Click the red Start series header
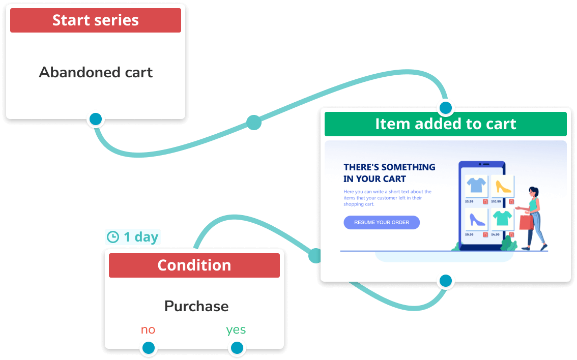pos(96,20)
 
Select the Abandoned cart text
pos(96,72)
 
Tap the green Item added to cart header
pos(445,124)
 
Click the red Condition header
pos(194,265)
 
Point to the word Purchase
pos(196,306)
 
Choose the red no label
pos(148,329)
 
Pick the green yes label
pos(236,329)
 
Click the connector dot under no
pos(148,348)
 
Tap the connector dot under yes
pos(237,348)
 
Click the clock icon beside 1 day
pos(112,237)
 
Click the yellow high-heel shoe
pos(503,186)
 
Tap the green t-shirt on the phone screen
pos(503,218)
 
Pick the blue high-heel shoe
pos(476,219)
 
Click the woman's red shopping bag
pos(526,222)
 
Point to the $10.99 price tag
pos(496,201)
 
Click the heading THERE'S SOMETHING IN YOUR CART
pos(389,173)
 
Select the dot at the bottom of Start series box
pos(96,119)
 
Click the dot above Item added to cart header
pos(446,108)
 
